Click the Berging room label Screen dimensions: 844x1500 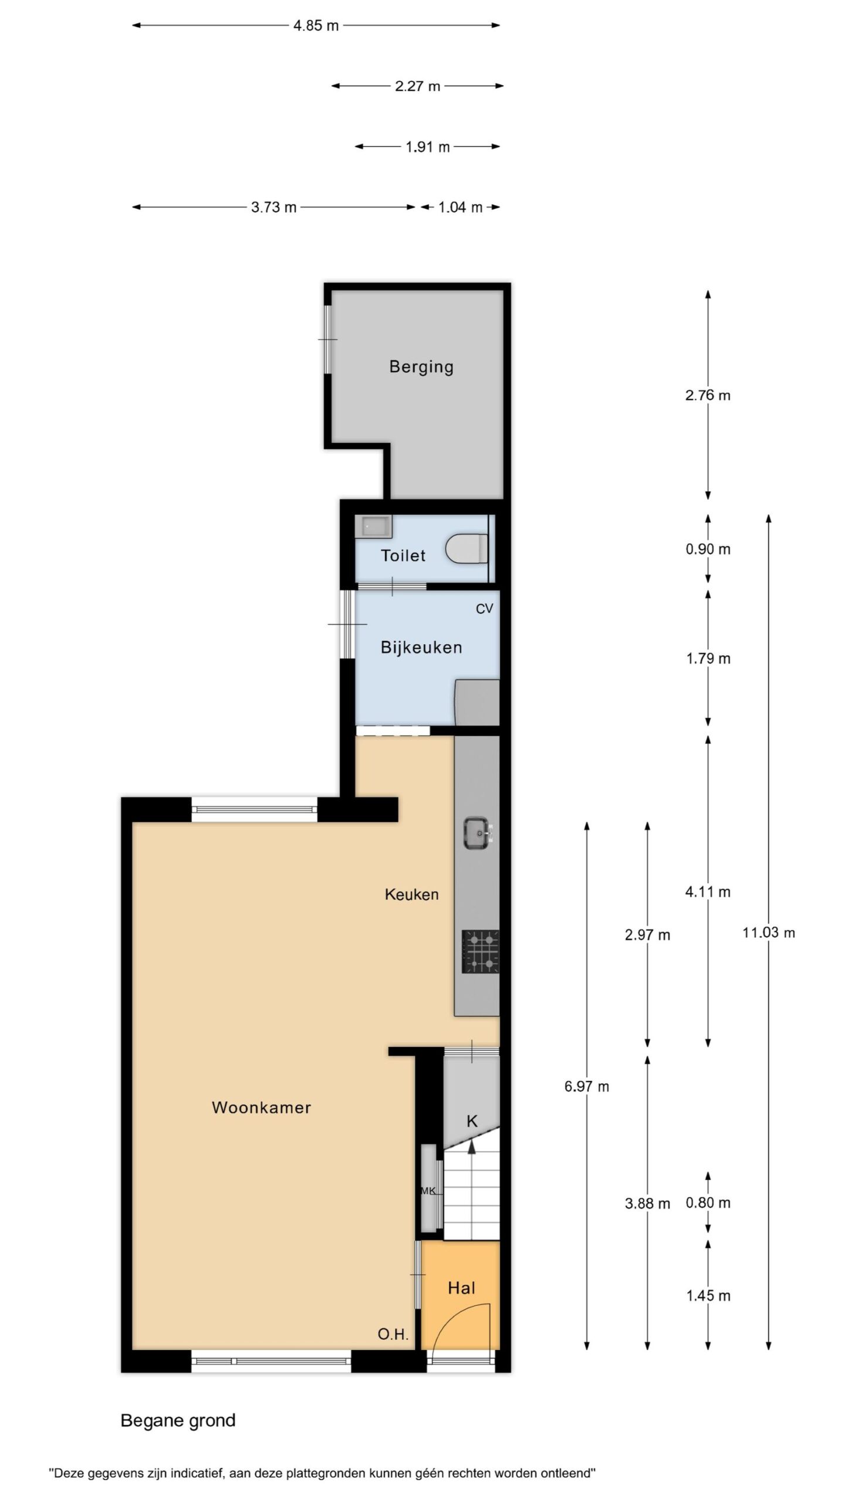[421, 367]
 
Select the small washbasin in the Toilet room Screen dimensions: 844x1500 [374, 527]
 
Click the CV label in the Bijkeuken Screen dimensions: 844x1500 [484, 609]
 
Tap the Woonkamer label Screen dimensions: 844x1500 [261, 1107]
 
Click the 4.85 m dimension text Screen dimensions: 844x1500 [316, 26]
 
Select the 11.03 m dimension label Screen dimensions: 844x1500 [768, 932]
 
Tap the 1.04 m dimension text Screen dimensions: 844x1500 [460, 207]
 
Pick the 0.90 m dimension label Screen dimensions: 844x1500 [708, 549]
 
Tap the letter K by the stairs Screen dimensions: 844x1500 [472, 1121]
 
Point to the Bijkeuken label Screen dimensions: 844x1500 [421, 647]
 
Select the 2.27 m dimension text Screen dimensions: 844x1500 [417, 86]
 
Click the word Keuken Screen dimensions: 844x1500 [411, 894]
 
